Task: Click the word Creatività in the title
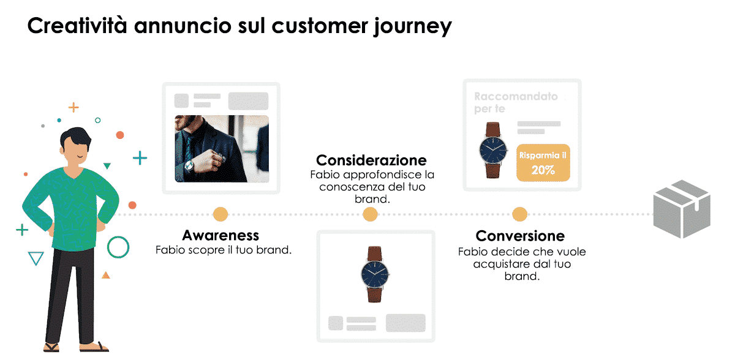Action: pos(77,26)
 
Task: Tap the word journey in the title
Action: pos(413,27)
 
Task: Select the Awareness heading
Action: pos(221,236)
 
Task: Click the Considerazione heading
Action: pos(371,160)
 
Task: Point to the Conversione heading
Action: pos(520,236)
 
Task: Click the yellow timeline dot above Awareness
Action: pos(220,214)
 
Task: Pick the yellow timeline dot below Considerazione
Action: pos(370,214)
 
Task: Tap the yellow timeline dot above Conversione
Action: pos(520,214)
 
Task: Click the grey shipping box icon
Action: pos(682,209)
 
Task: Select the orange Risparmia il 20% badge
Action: pos(543,163)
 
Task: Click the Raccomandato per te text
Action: pos(516,102)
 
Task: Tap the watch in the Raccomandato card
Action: pos(493,150)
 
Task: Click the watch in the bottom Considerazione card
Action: pos(375,274)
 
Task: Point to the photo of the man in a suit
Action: pos(222,149)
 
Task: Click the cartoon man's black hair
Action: pos(76,138)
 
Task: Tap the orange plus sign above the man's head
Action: pos(73,107)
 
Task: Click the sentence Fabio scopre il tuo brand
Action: pos(224,250)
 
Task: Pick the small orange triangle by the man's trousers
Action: pos(105,275)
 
